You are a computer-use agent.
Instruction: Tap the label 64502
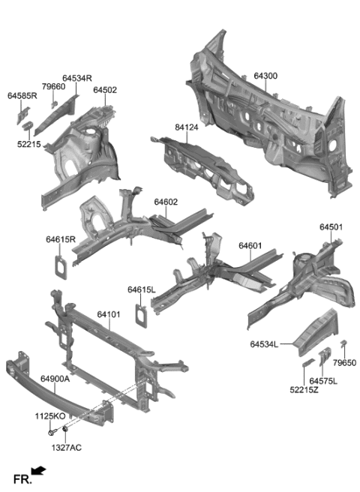pos(105,90)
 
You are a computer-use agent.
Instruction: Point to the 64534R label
pos(77,77)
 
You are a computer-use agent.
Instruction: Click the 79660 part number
pos(53,87)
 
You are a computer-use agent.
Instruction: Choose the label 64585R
pos(22,96)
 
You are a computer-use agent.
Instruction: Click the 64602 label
pos(166,202)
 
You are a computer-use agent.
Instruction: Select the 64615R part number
pos(61,239)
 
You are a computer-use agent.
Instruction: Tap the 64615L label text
pos(141,289)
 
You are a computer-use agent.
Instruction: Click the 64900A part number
pos(55,379)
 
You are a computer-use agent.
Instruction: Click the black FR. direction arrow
pos(39,471)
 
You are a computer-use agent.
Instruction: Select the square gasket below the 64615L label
pos(139,313)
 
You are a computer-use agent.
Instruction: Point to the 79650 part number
pos(344,361)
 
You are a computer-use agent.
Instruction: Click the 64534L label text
pos(264,344)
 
